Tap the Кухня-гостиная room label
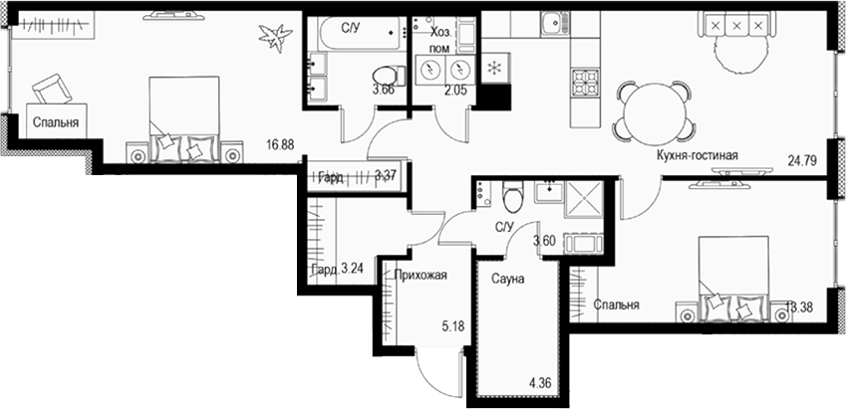pos(697,156)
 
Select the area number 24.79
pos(801,158)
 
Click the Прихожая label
pos(420,276)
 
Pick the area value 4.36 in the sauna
pos(541,381)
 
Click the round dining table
pos(654,105)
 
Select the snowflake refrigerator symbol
pos(491,69)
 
